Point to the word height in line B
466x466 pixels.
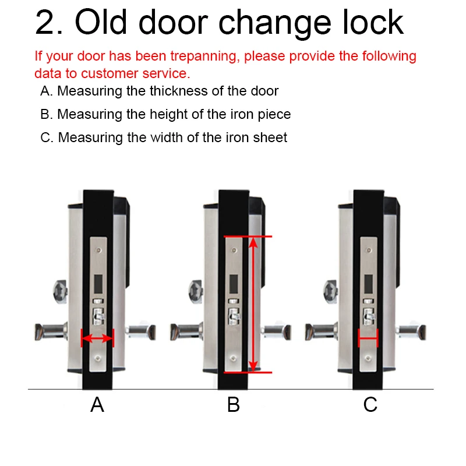(146, 114)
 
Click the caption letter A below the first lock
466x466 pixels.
(97, 405)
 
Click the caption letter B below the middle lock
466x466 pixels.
(233, 405)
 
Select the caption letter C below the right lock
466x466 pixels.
(370, 405)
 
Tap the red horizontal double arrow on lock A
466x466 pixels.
(97, 338)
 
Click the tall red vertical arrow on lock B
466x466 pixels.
(252, 303)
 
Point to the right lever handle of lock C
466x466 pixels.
(413, 332)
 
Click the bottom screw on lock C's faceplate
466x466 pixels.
(369, 360)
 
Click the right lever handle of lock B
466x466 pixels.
(277, 332)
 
